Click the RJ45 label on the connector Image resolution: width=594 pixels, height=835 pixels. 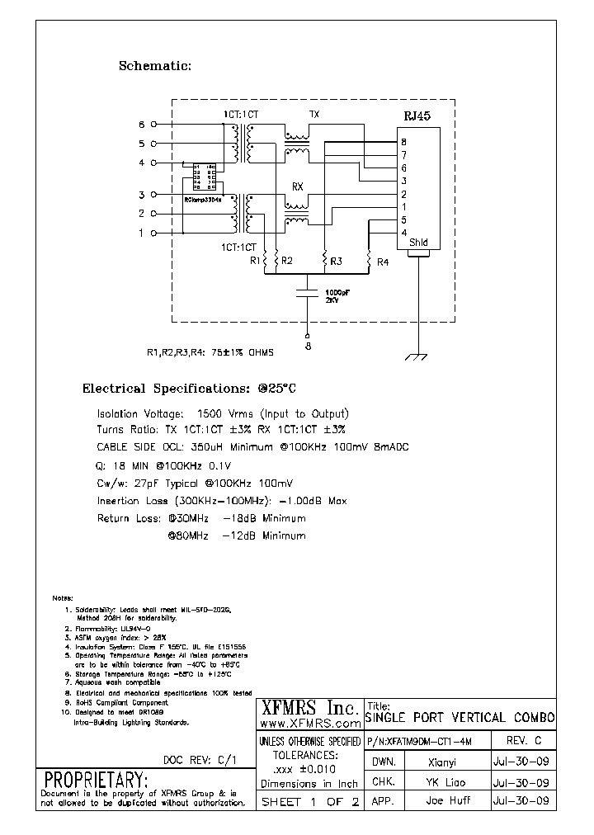[x=416, y=117]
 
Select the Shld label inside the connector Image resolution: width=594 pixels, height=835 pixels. [x=419, y=243]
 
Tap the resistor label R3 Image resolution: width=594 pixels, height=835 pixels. [x=336, y=261]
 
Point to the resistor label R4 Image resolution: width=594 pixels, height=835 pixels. [x=382, y=262]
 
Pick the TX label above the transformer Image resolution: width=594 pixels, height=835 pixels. [x=313, y=113]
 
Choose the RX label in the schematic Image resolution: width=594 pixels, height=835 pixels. [x=298, y=187]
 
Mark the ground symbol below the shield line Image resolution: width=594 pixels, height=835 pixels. [x=419, y=356]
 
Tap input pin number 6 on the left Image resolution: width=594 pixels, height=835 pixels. [x=141, y=125]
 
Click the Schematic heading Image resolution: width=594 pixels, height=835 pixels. [x=155, y=66]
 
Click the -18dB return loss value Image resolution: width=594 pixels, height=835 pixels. [x=238, y=518]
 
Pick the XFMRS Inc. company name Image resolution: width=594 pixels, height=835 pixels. [x=309, y=707]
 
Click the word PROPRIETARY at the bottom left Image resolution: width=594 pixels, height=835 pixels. [x=96, y=780]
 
